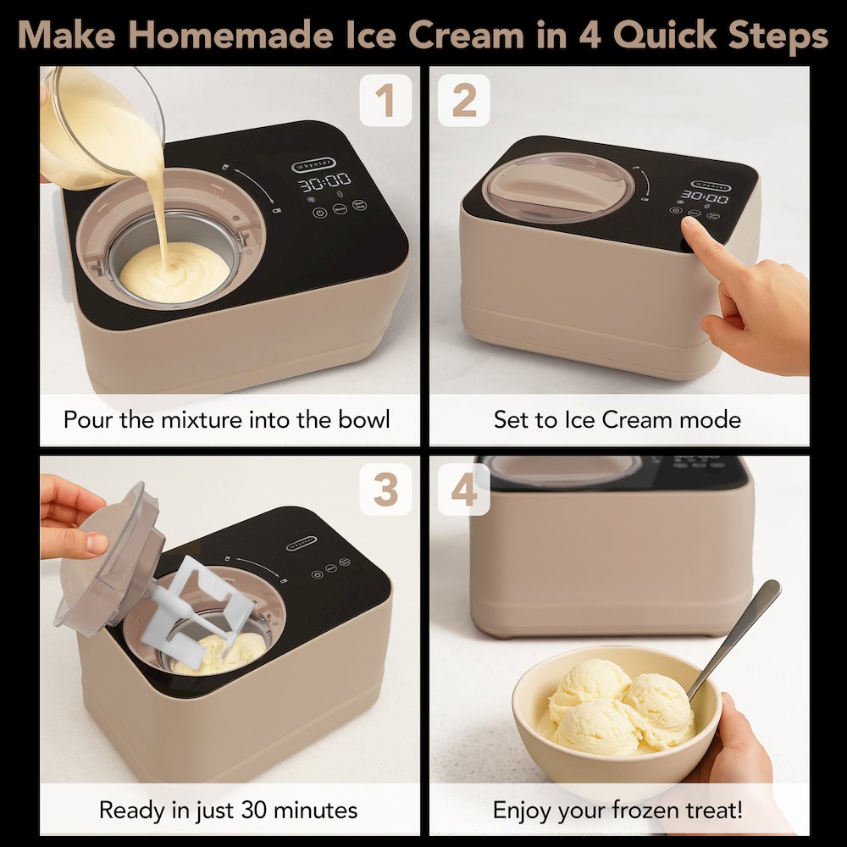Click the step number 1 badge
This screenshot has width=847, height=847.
point(385,101)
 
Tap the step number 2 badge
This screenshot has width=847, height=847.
point(463,101)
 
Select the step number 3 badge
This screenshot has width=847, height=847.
point(385,490)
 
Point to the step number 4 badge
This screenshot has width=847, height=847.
point(463,490)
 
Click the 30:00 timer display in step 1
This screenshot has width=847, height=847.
point(325,180)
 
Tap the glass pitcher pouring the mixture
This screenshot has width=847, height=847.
point(93,127)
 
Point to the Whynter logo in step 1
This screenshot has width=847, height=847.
point(313,163)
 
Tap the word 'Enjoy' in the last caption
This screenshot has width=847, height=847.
point(525,809)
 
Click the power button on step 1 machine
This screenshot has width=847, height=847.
point(319,212)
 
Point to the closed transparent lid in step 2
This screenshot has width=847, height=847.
point(559,186)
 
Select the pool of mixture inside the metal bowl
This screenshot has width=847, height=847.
point(174,271)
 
